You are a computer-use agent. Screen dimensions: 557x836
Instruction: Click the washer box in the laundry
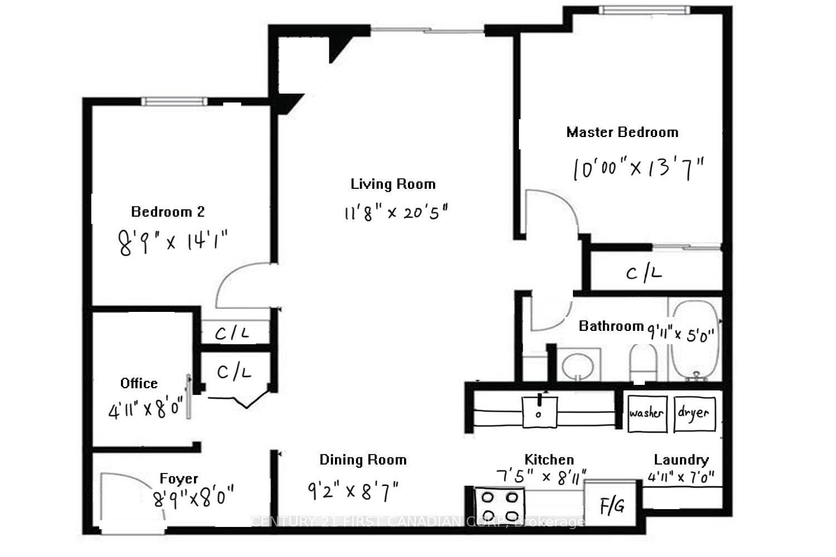coord(647,413)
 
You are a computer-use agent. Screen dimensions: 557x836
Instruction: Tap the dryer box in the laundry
coord(694,413)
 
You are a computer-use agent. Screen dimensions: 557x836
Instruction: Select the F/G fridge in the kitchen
coord(611,505)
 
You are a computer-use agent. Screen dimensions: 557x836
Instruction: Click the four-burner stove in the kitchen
coord(499,505)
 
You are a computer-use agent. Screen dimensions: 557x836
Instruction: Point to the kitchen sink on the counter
coord(539,411)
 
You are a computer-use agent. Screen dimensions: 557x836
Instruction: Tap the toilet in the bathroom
coord(643,362)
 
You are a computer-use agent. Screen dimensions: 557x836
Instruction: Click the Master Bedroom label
coord(622,133)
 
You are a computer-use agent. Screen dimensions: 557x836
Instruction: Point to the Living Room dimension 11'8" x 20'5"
coord(396,212)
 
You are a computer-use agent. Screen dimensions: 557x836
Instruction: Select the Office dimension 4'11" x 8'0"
coord(146,410)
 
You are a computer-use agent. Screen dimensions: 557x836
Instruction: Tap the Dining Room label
coord(363,460)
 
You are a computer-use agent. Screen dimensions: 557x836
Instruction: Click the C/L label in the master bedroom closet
coord(644,273)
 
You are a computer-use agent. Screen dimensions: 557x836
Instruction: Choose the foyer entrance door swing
coord(131,499)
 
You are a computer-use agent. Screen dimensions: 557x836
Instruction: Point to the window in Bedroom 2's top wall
coord(173,101)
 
